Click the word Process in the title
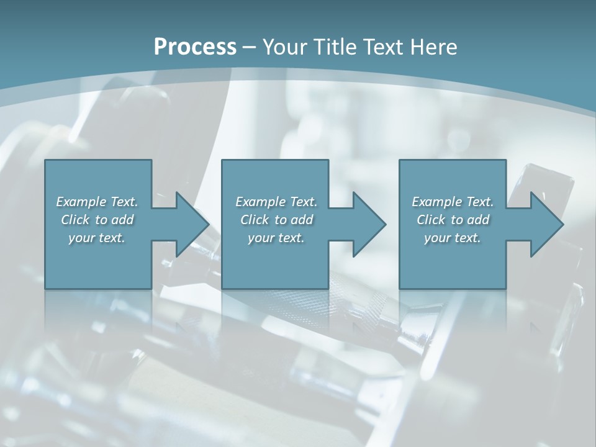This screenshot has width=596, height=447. pos(195,47)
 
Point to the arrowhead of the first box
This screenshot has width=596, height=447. pos(192,224)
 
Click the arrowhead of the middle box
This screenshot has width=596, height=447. pos(369,224)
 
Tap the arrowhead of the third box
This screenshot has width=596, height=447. pos(547,224)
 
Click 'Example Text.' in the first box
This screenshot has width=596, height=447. pos(97,202)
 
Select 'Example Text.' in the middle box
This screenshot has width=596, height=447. pos(276,202)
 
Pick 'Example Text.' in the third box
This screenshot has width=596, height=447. pos(453,202)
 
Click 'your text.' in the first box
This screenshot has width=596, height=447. pos(97,238)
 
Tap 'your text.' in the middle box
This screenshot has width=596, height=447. pos(276,238)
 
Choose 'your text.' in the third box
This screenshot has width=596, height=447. pos(453,238)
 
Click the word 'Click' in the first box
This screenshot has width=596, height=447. pos(75,220)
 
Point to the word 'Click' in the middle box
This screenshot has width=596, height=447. pos(255,220)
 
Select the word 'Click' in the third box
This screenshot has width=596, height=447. pos(431,220)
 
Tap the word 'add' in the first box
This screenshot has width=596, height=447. pos(123,220)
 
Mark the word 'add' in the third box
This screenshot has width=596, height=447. pos(479,220)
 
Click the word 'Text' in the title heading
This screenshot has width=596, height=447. pos(385,47)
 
